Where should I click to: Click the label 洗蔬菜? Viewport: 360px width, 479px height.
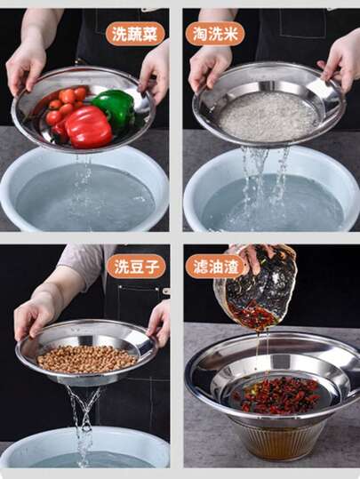pos(135,34)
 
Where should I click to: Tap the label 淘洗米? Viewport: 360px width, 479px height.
pos(215,34)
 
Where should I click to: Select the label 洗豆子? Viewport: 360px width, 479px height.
pos(136,267)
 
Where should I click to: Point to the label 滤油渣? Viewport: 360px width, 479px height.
pos(215,267)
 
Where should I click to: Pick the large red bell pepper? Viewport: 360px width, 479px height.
pos(88,127)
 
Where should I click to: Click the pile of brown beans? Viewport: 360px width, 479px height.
pos(87,359)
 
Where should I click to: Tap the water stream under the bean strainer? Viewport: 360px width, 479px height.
pos(84,425)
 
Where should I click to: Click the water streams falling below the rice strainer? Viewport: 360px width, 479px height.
pos(264,188)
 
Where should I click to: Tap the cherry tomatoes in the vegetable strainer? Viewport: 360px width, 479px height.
pos(65,106)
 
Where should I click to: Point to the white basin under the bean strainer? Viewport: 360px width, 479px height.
pos(84,449)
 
